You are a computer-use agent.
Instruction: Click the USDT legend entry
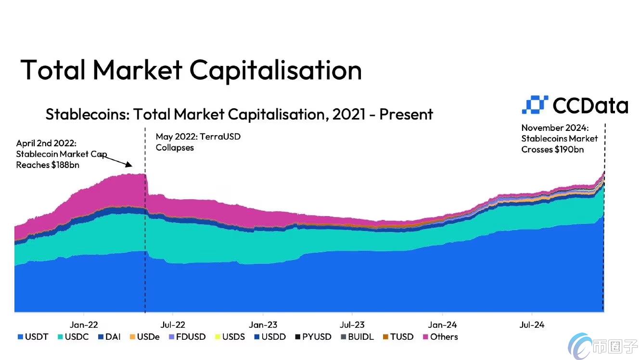pyautogui.click(x=33, y=337)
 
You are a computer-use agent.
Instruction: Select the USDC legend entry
pyautogui.click(x=73, y=337)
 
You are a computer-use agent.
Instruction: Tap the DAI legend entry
pyautogui.click(x=109, y=337)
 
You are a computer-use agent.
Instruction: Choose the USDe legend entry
pyautogui.click(x=144, y=337)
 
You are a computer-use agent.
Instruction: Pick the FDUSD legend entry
pyautogui.click(x=187, y=337)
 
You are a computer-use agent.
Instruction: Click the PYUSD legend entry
pyautogui.click(x=313, y=337)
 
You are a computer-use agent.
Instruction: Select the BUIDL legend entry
pyautogui.click(x=358, y=337)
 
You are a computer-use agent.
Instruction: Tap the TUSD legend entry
pyautogui.click(x=398, y=337)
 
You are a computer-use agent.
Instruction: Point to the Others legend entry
pyautogui.click(x=440, y=337)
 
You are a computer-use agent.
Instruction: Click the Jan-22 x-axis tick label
pyautogui.click(x=84, y=325)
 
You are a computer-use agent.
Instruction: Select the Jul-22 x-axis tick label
pyautogui.click(x=173, y=325)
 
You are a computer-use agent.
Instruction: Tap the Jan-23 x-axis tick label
pyautogui.click(x=263, y=325)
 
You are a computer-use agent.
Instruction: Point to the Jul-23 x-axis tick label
pyautogui.click(x=352, y=325)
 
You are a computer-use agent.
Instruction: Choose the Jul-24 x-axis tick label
pyautogui.click(x=532, y=325)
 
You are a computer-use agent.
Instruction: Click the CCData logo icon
pyautogui.click(x=535, y=104)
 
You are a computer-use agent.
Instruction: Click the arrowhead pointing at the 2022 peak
pyautogui.click(x=129, y=165)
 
